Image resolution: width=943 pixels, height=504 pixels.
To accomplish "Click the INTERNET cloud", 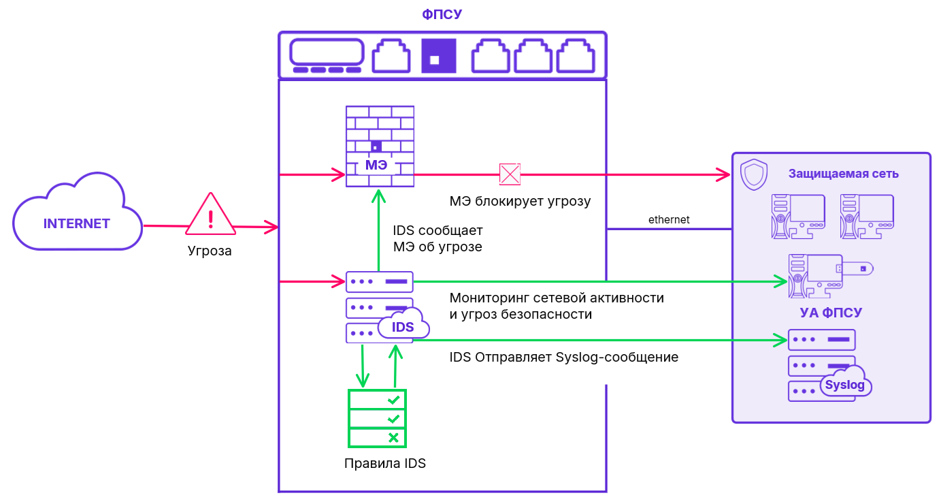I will click(76, 223).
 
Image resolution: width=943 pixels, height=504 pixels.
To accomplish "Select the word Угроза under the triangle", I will click(210, 251).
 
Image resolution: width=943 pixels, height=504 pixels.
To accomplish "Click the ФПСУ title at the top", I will click(442, 14).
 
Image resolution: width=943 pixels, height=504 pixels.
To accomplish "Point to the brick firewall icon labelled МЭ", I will click(380, 146).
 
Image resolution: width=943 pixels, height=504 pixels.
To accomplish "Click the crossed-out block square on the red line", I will click(510, 174).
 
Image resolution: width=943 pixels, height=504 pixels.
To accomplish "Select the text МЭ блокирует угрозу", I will click(520, 202).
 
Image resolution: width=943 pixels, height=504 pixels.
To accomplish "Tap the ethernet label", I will click(669, 219).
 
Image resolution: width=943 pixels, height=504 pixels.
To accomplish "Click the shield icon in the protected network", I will click(753, 174).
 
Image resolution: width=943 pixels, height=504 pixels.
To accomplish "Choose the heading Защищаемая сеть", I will click(844, 174).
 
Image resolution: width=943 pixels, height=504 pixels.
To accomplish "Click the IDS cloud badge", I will click(403, 327).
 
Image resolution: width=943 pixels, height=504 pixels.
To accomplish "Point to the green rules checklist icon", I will click(377, 418).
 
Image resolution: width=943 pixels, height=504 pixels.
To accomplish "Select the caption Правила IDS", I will click(385, 464).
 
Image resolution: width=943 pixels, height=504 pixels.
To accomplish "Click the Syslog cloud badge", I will click(845, 385).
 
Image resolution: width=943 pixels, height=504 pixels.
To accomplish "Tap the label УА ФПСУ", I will click(830, 313).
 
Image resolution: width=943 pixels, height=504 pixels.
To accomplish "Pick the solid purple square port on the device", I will click(439, 55).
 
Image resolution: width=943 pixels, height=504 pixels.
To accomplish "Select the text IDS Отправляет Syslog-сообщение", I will click(564, 357).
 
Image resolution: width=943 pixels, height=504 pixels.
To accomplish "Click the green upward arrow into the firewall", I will click(379, 232).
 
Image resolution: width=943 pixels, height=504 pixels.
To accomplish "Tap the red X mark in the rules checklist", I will click(393, 437).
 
